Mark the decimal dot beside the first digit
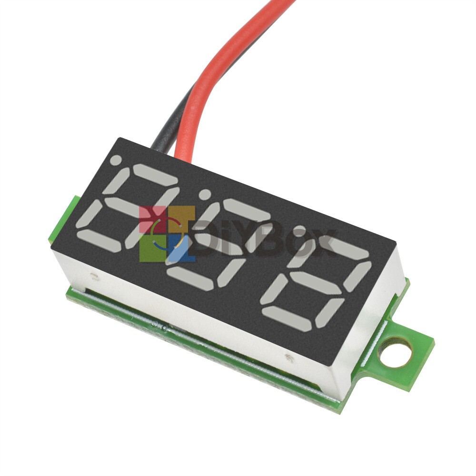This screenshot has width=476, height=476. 116,161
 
